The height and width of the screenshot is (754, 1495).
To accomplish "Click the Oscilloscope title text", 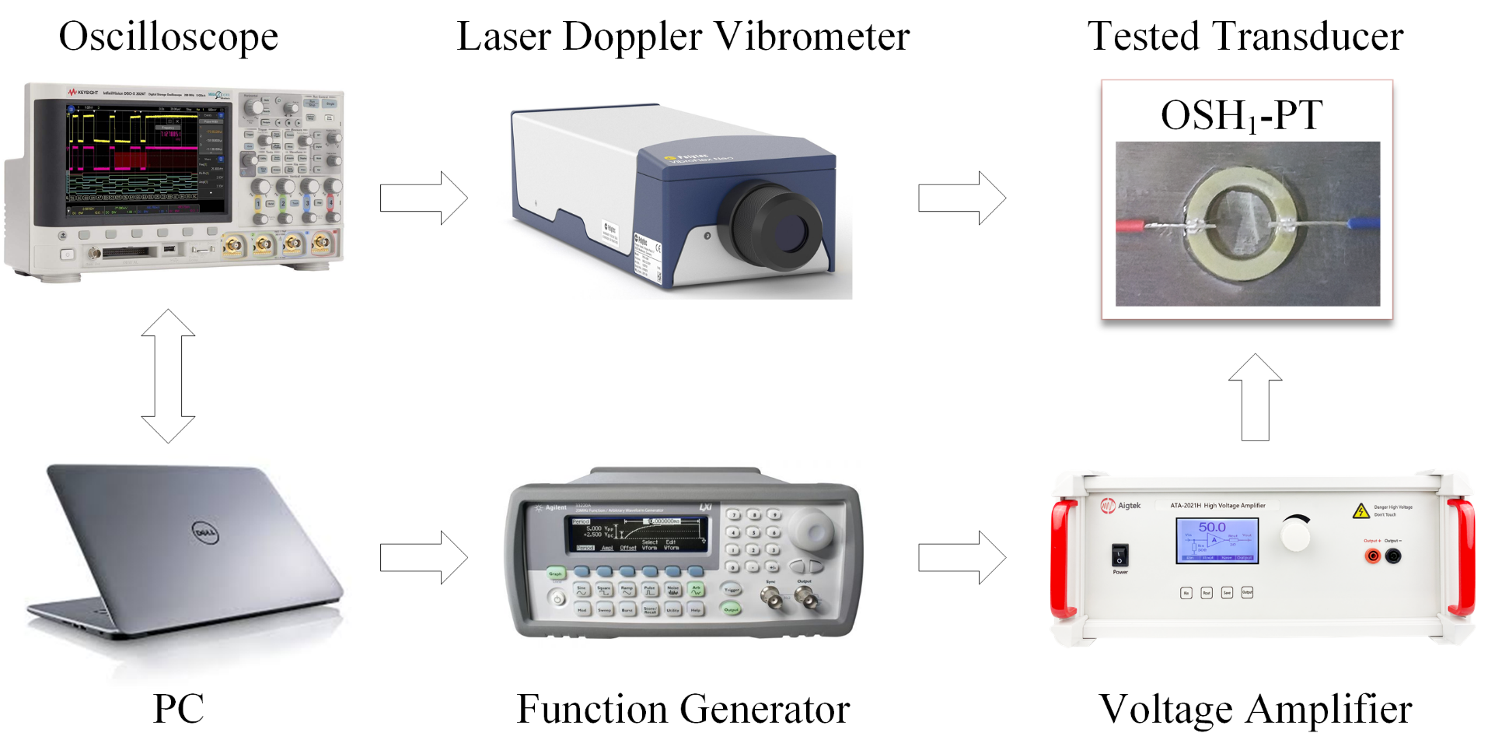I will (x=168, y=37).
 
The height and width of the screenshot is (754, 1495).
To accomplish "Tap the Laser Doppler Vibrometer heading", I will (x=683, y=37).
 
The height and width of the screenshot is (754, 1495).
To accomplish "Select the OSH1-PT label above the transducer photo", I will (x=1241, y=116).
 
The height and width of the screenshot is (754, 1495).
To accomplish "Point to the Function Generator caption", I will (x=683, y=709).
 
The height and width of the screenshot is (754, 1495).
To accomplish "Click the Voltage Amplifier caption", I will (x=1255, y=709).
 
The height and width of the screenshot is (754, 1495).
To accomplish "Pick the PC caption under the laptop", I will (x=178, y=709).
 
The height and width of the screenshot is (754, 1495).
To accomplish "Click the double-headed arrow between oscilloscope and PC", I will (x=168, y=376).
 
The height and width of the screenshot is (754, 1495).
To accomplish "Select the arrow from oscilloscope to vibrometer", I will (x=424, y=198).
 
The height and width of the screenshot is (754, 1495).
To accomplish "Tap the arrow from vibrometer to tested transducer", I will (x=962, y=198).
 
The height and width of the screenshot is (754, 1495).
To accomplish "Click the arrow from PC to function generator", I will (x=424, y=557).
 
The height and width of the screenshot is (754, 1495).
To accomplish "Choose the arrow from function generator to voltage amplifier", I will (x=962, y=557).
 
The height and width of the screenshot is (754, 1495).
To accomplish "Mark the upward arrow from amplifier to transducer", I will (x=1255, y=398).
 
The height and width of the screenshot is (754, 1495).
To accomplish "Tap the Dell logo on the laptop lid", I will (x=204, y=533).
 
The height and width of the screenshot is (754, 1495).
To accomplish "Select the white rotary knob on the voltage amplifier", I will (x=1295, y=535).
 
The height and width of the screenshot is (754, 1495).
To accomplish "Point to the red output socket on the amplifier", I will (x=1373, y=556).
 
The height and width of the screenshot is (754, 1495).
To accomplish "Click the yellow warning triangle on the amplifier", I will (x=1361, y=511).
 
